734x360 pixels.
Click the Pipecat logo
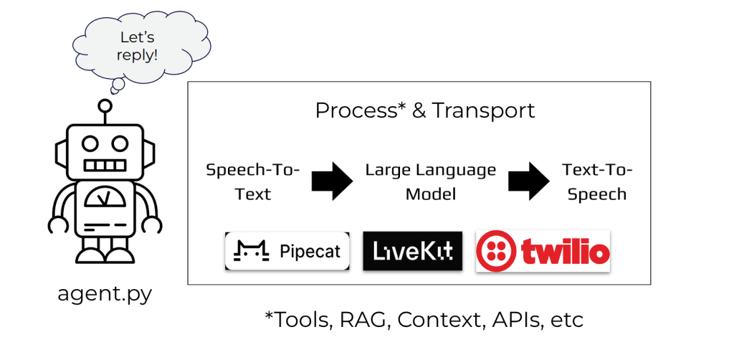287,251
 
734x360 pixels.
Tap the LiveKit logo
412,251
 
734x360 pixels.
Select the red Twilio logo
543,251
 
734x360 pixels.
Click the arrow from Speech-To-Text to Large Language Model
332,181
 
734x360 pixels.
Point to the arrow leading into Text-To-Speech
528,181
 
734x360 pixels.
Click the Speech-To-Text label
253,181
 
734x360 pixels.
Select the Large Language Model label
431,181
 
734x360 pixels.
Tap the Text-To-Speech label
597,181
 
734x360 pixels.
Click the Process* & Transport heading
425,111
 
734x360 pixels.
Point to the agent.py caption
105,295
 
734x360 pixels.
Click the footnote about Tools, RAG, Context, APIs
424,321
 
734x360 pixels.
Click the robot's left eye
89,143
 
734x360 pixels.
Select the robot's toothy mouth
105,166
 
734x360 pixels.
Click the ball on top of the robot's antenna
105,105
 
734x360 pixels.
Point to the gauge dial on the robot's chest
105,198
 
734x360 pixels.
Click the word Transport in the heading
483,111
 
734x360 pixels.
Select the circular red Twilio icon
497,251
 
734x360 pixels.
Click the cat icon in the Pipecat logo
251,251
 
